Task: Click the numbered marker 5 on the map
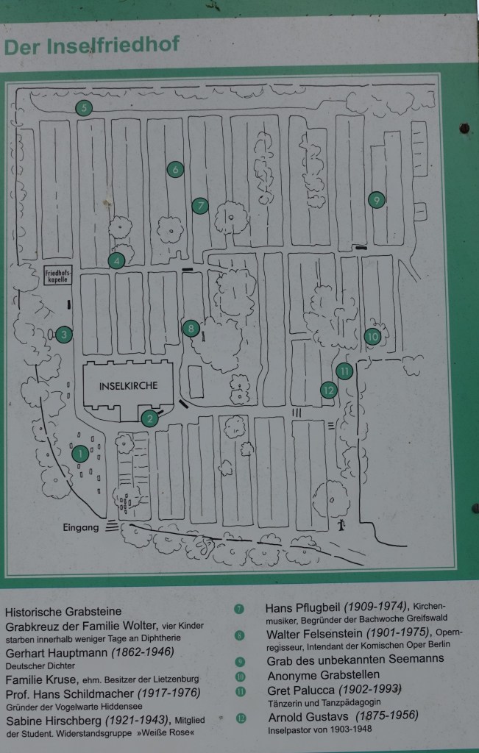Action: [x=84, y=108]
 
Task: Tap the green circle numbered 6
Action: [x=175, y=169]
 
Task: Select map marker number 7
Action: [x=200, y=206]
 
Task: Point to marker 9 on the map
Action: [x=377, y=199]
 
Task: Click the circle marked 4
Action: [x=116, y=261]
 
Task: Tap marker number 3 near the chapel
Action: [x=64, y=335]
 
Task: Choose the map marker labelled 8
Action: [x=191, y=329]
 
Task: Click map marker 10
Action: [x=373, y=337]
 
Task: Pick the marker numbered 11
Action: [x=344, y=371]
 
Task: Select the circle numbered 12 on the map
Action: [x=329, y=390]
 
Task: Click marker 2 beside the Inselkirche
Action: [x=150, y=418]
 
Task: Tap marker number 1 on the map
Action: [x=80, y=453]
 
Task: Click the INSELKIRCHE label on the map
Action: [x=128, y=385]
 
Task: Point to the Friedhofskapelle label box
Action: [x=57, y=276]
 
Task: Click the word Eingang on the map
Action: [x=81, y=527]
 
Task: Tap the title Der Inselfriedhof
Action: [x=91, y=46]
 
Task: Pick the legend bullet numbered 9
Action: [x=239, y=662]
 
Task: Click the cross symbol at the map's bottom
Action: [x=341, y=524]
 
